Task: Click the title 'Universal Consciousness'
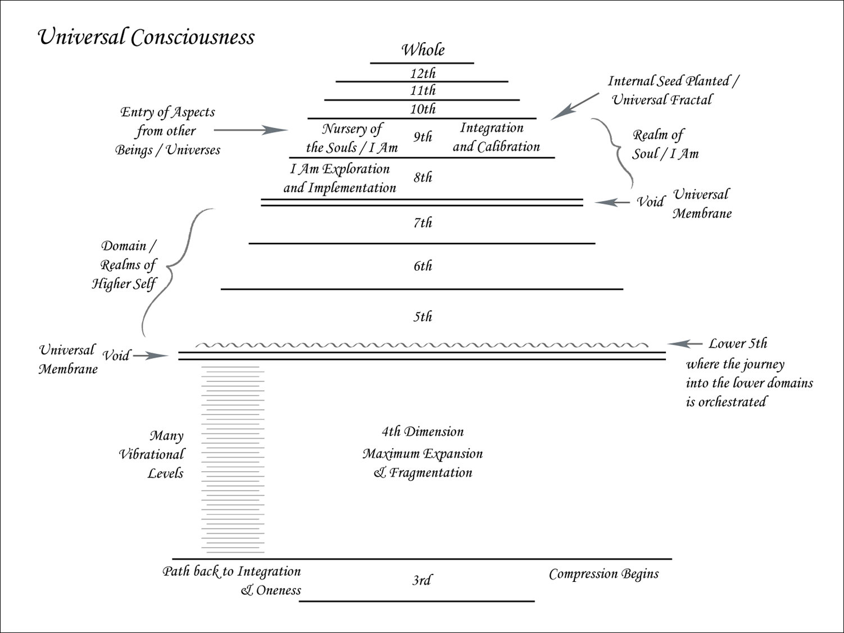tap(146, 38)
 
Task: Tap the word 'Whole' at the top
tap(423, 50)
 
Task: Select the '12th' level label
tap(423, 74)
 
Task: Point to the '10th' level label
tap(423, 109)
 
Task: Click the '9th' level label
tap(423, 137)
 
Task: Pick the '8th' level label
tap(423, 177)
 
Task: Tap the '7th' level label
tap(423, 223)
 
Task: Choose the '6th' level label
tap(423, 266)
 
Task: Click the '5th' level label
tap(423, 317)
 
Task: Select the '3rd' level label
tap(421, 580)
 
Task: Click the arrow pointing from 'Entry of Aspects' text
tap(251, 130)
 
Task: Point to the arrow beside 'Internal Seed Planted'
tap(574, 107)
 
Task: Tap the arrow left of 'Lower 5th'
tap(685, 344)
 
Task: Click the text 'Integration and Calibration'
tap(496, 138)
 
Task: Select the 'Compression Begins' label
tap(603, 574)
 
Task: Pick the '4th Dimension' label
tap(423, 432)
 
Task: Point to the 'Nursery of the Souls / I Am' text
tap(352, 138)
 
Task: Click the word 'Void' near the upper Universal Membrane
tap(651, 202)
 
